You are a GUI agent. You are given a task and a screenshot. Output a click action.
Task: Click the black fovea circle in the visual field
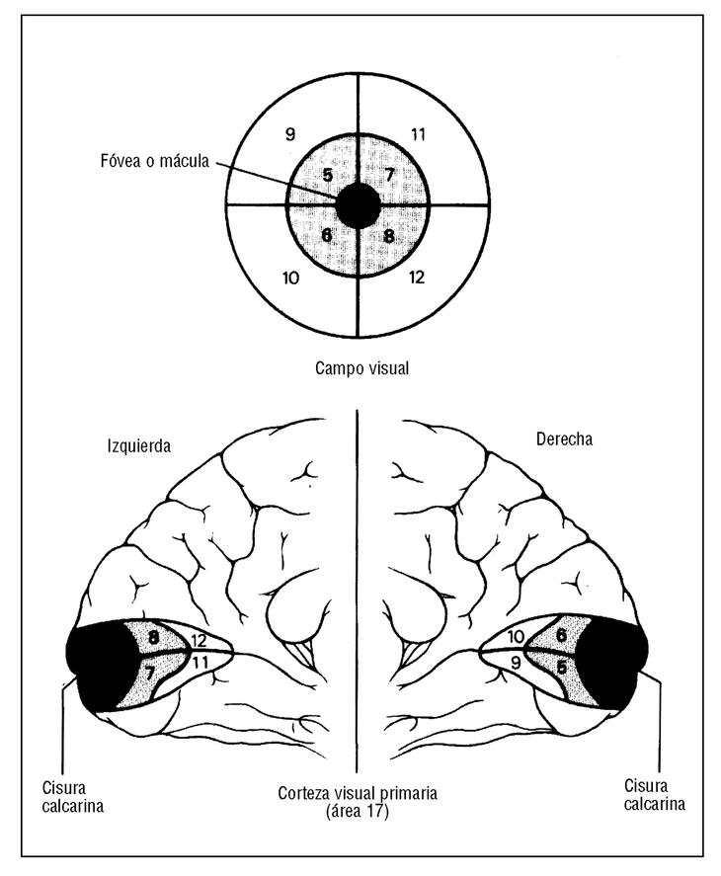pyautogui.click(x=358, y=205)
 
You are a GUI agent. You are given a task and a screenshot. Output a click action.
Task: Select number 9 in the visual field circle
pyautogui.click(x=289, y=133)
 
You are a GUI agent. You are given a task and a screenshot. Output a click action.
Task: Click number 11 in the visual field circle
pyautogui.click(x=418, y=133)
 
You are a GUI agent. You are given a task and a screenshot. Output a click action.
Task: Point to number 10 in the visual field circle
pyautogui.click(x=290, y=278)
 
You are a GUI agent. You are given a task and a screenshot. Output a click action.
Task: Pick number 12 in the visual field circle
pyautogui.click(x=416, y=278)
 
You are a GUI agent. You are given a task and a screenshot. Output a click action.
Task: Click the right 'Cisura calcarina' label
pyautogui.click(x=654, y=794)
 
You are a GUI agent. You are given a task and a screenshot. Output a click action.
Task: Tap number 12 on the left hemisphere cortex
pyautogui.click(x=199, y=641)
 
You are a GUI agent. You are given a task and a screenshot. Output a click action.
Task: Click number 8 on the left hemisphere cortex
pyautogui.click(x=154, y=638)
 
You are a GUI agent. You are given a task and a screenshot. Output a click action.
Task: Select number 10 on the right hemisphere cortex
pyautogui.click(x=515, y=637)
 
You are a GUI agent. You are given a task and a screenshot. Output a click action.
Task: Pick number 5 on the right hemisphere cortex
pyautogui.click(x=561, y=668)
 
